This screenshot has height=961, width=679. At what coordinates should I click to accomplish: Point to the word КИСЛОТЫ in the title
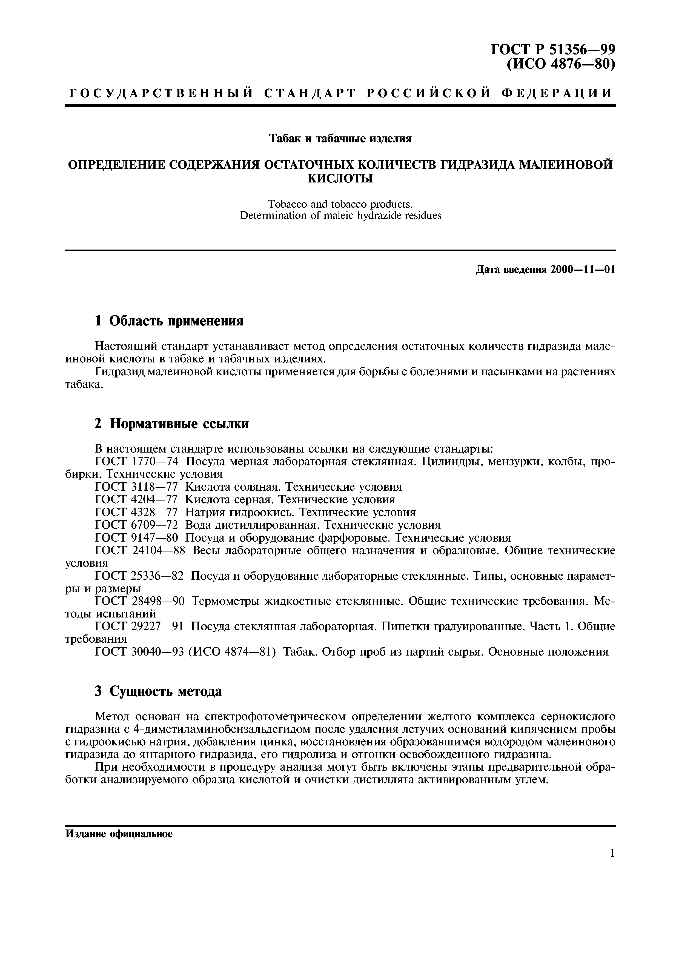tap(340, 179)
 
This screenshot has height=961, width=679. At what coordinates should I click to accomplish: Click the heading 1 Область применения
tap(169, 321)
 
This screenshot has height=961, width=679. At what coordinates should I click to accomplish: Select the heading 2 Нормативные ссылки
tap(171, 424)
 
